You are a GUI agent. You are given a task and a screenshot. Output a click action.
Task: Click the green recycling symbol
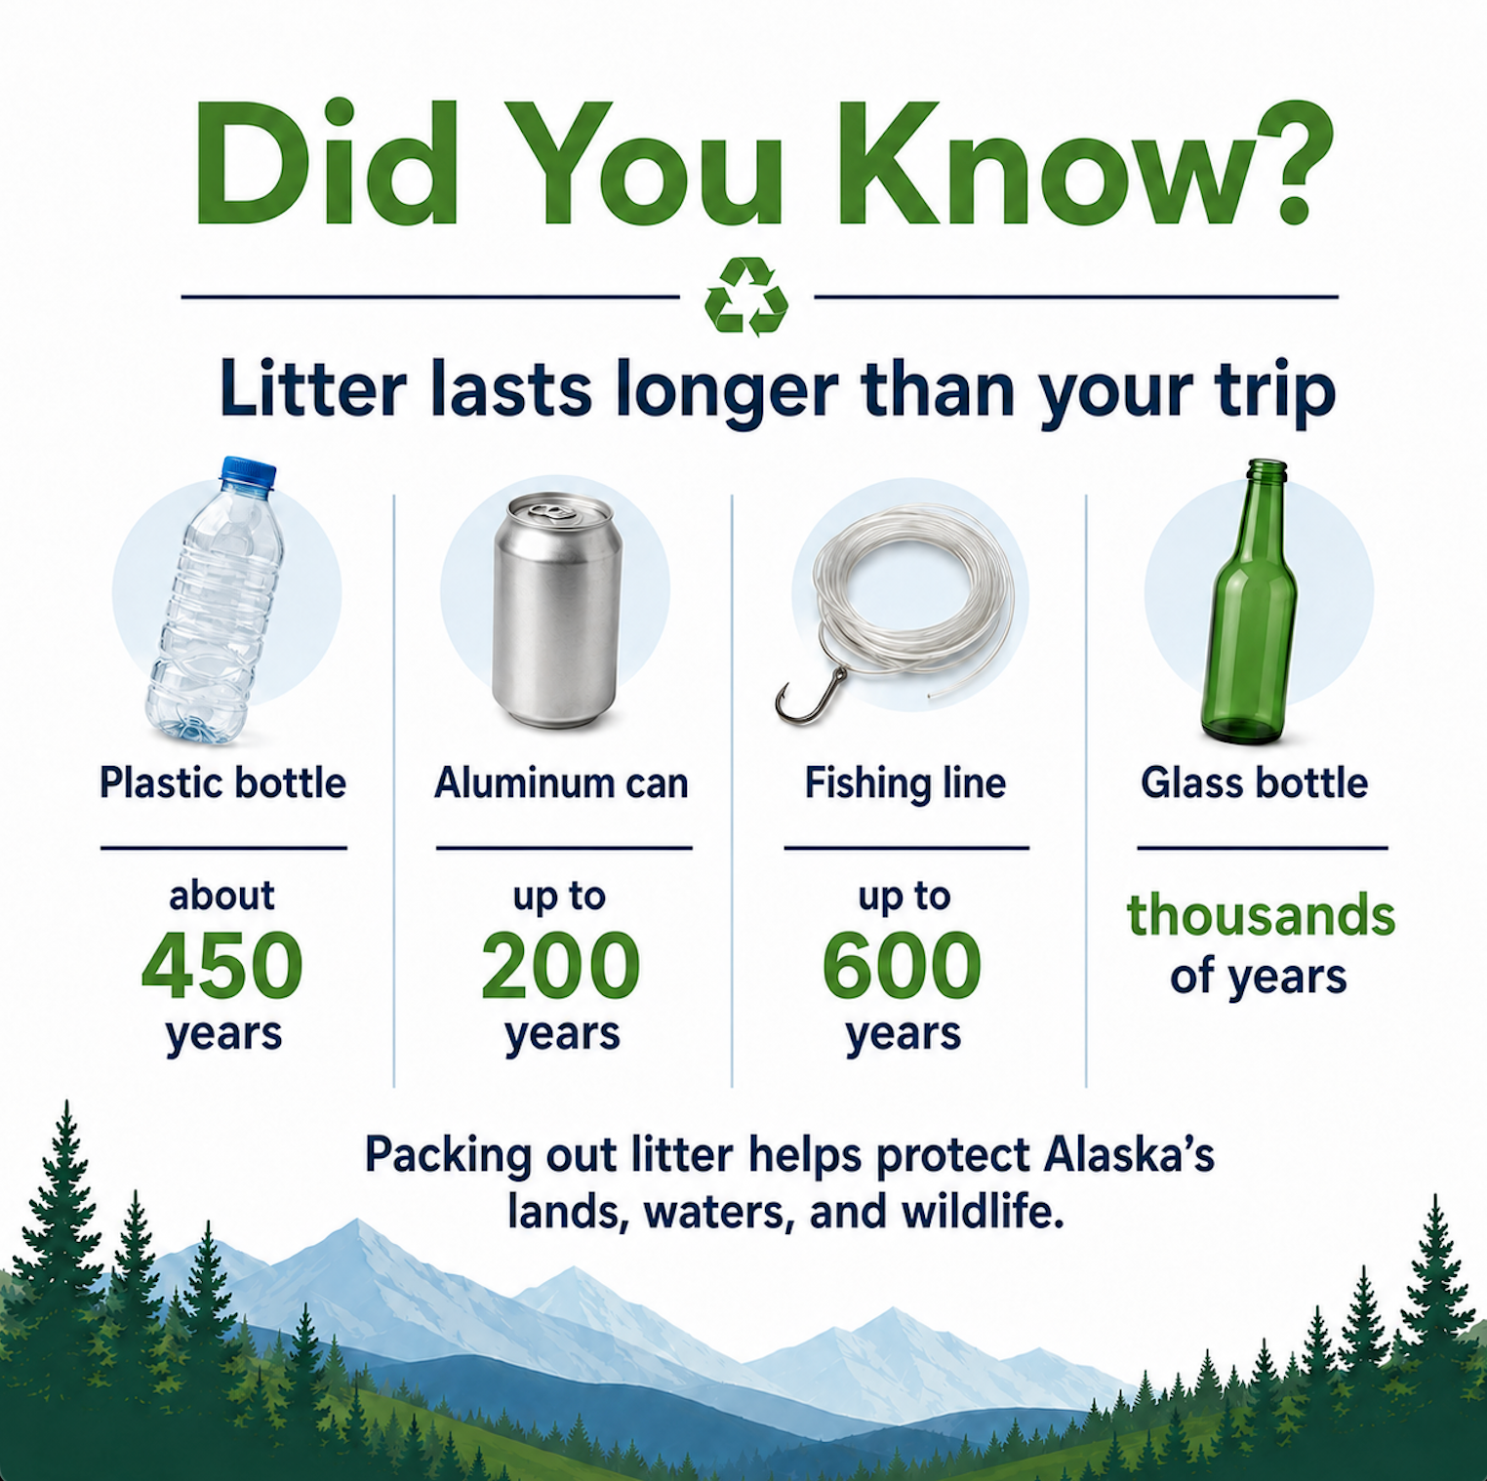[x=746, y=297]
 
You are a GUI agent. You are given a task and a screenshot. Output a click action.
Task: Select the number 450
[x=222, y=965]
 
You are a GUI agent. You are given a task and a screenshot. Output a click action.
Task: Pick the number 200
[x=560, y=965]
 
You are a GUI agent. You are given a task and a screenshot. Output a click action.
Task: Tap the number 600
[x=902, y=965]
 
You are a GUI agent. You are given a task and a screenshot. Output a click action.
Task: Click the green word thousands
[x=1261, y=915]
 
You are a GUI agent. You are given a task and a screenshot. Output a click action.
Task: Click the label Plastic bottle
[x=223, y=783]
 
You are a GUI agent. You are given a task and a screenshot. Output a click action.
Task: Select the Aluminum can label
[x=561, y=783]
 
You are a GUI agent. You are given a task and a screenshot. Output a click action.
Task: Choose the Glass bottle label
[x=1255, y=783]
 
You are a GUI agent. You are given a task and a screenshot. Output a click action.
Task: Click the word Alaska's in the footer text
[x=1129, y=1155]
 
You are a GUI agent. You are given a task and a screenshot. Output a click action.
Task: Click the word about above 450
[x=222, y=896]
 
